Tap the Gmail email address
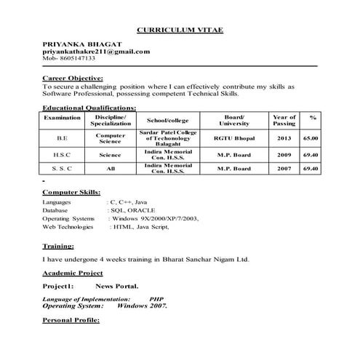click(96, 52)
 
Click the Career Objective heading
click(73, 78)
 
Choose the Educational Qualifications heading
click(89, 107)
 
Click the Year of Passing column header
click(284, 120)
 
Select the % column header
click(313, 117)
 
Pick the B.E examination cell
click(62, 137)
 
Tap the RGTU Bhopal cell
click(233, 137)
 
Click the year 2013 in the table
click(284, 137)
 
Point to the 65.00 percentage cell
click(311, 137)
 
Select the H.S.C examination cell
click(62, 155)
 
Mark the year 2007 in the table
click(284, 169)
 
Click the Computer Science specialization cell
click(111, 137)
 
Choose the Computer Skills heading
click(71, 192)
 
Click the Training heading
click(57, 246)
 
